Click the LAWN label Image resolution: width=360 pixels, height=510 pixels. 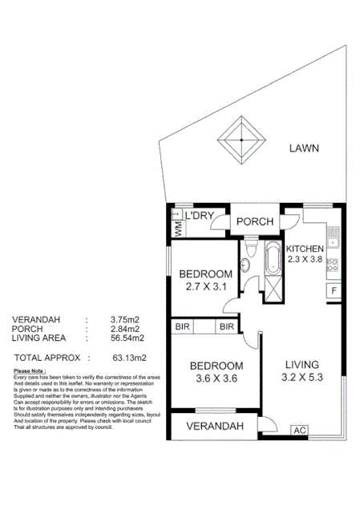[305, 148]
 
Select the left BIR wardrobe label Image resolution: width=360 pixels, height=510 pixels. [182, 327]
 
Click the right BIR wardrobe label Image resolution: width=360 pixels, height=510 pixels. [227, 327]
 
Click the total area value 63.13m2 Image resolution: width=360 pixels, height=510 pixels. [128, 357]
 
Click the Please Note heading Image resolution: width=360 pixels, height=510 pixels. [30, 371]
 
